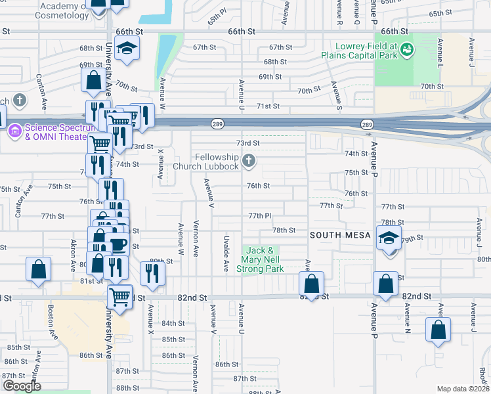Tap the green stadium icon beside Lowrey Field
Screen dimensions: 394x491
407,48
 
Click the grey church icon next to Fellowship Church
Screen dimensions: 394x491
249,160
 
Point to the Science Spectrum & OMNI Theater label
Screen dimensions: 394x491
56,132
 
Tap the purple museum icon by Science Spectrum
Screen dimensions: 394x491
14,132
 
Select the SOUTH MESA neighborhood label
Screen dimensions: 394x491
341,235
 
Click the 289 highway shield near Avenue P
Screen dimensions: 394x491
367,124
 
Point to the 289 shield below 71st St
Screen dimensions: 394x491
217,123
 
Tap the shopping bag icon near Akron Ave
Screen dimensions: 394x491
39,268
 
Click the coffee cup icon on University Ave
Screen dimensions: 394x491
118,245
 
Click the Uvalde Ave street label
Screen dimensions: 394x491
226,253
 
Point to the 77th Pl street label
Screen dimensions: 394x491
259,215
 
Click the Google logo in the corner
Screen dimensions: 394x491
22,386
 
